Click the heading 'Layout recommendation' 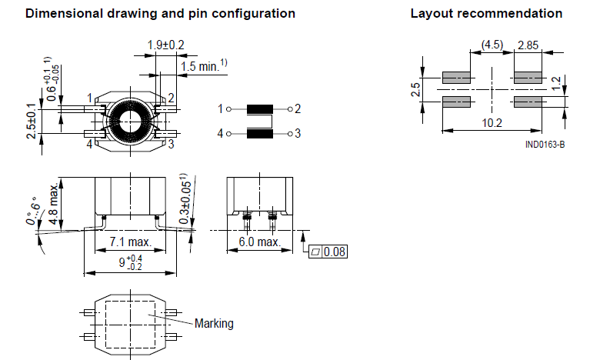pos(485,14)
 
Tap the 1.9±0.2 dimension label pos(165,45)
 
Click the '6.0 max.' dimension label pos(258,242)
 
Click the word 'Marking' pos(214,323)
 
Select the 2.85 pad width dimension pos(528,45)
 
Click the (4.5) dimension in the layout pos(492,45)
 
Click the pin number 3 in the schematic pos(298,134)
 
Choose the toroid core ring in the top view pos(127,121)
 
